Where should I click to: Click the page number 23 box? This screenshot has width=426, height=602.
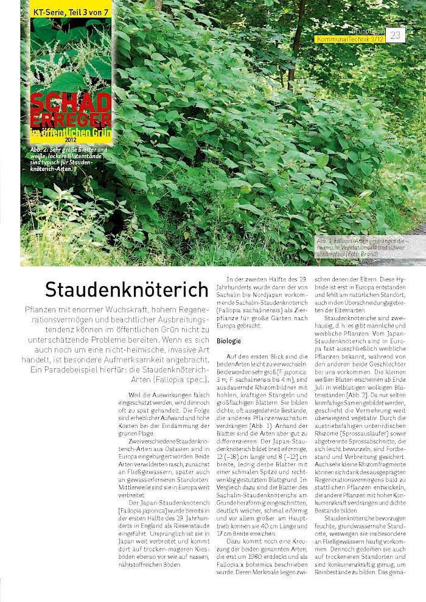tap(396, 35)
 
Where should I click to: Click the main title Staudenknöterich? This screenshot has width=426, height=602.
tap(127, 289)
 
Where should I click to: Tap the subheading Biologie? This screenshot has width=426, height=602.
tap(229, 341)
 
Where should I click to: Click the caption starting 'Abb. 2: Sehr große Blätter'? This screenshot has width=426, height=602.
tap(69, 159)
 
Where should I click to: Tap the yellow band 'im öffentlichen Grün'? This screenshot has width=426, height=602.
tap(71, 131)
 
